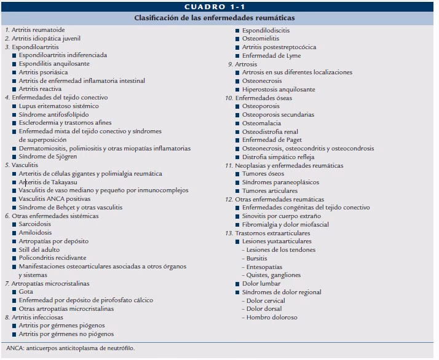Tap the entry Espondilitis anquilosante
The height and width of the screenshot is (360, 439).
point(54,63)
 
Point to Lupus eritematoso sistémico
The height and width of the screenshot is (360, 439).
point(58,106)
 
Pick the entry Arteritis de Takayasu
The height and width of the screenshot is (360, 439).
point(52,182)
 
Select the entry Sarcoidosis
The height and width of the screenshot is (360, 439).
point(35,224)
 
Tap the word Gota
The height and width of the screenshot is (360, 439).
point(26,292)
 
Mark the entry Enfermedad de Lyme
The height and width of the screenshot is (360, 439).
point(271,55)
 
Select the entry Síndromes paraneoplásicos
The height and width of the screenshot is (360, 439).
point(282,182)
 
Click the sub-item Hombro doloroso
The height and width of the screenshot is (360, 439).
point(272,318)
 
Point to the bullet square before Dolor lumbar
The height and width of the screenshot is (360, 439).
point(237,284)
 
